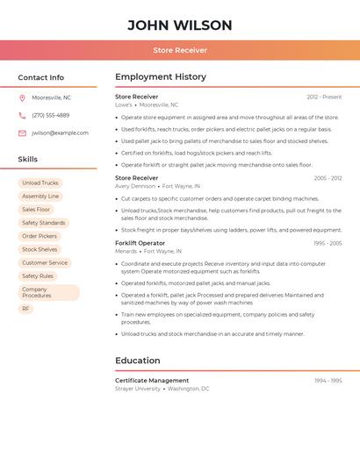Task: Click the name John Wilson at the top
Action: click(x=180, y=25)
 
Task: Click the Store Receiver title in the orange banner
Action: click(x=180, y=51)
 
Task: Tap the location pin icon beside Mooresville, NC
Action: click(x=22, y=97)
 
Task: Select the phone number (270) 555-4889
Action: click(x=50, y=115)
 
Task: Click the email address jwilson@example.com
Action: click(x=60, y=133)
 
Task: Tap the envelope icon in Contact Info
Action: click(x=22, y=133)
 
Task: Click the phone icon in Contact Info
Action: click(x=22, y=115)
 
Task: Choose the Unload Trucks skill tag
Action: click(x=40, y=183)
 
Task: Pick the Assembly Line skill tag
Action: click(x=40, y=197)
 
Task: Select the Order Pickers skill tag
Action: click(x=40, y=236)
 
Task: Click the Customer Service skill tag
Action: click(x=45, y=262)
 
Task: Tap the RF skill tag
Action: click(x=25, y=309)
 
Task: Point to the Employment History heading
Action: click(x=161, y=77)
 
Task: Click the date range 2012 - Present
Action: click(x=324, y=97)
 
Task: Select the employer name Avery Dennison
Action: click(x=135, y=186)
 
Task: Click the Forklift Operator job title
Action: click(x=140, y=243)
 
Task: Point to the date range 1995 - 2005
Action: click(x=327, y=243)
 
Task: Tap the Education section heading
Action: click(x=138, y=361)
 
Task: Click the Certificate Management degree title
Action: click(x=152, y=381)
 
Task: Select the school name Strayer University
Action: click(x=138, y=389)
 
